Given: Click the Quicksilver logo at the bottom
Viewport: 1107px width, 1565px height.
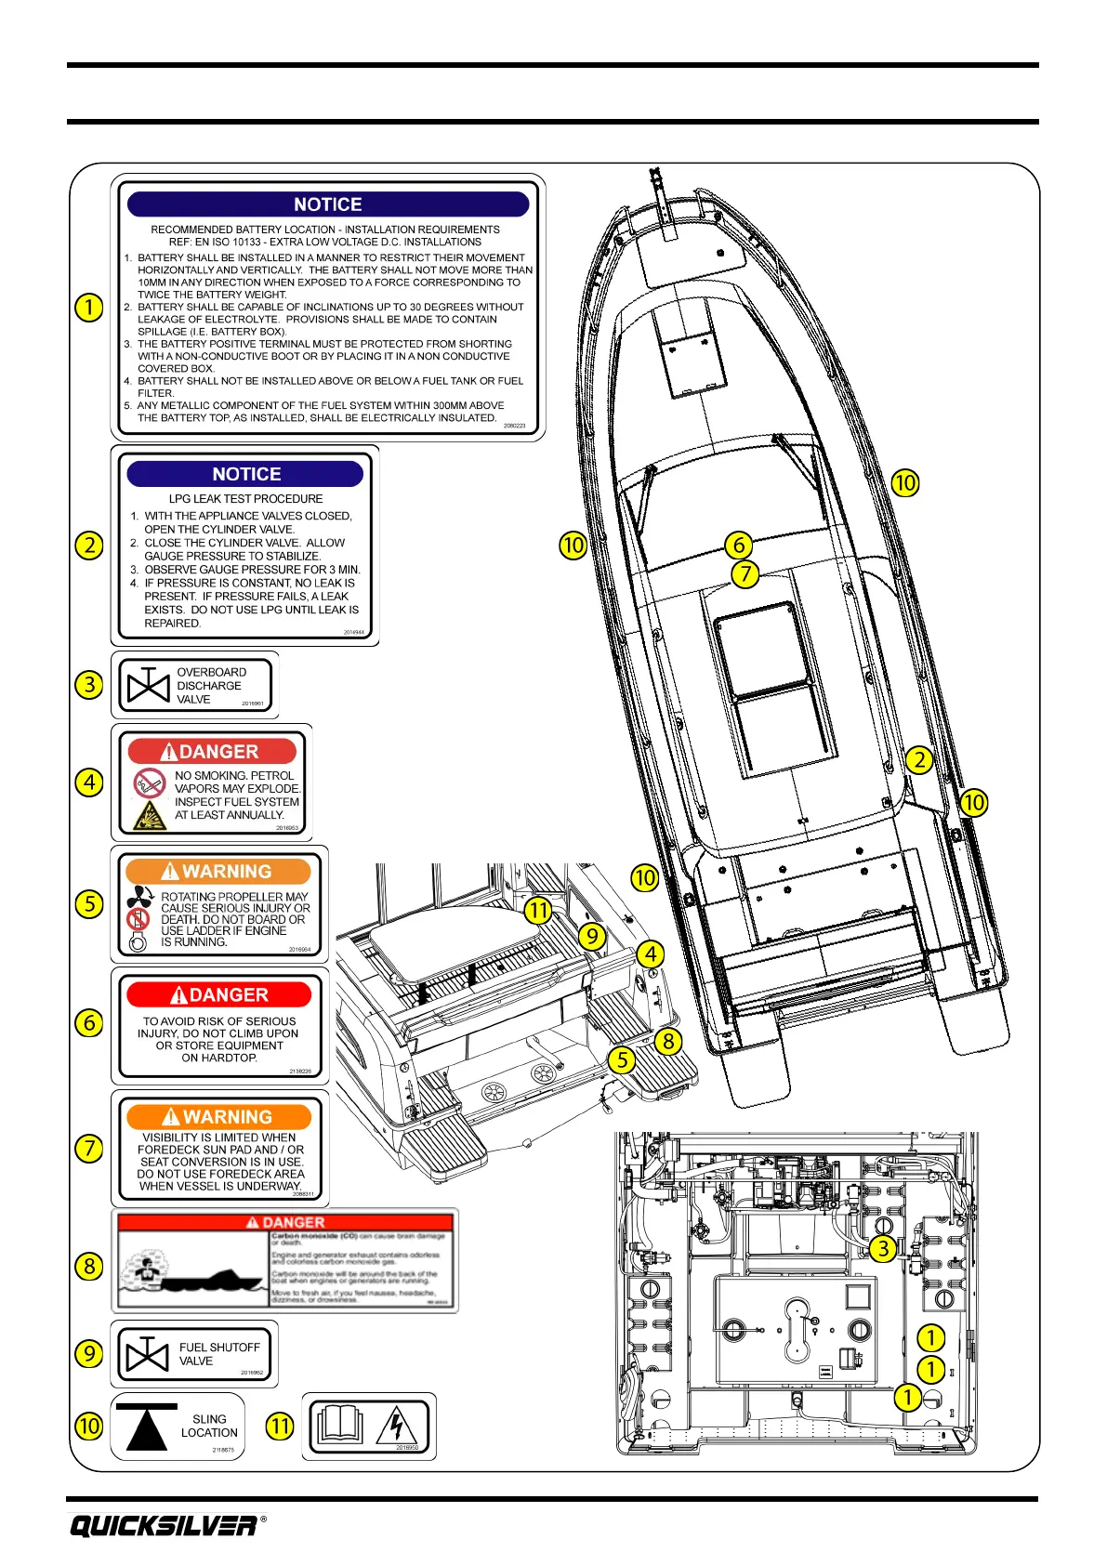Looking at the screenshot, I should coord(163,1526).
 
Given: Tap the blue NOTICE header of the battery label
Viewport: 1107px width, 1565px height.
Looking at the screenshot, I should coord(328,204).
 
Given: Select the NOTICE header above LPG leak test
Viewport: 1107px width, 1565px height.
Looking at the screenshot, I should coord(245,474).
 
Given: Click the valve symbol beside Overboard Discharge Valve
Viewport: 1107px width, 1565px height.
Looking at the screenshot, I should coord(148,686).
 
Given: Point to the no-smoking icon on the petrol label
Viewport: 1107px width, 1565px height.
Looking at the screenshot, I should coord(149,782).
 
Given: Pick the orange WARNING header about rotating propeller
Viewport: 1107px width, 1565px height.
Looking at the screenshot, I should coord(218,872).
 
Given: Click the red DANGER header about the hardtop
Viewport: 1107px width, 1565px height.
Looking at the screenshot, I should coord(219,994).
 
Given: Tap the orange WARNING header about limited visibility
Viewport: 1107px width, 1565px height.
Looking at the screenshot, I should coord(219,1117).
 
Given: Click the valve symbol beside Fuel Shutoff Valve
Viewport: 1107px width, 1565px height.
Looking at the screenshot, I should coord(147,1355).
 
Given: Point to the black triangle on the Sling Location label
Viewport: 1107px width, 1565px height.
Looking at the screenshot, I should coord(146,1427).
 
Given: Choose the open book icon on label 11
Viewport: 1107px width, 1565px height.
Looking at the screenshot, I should coord(339,1426).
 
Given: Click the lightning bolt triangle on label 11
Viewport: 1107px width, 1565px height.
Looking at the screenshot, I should coord(397,1426).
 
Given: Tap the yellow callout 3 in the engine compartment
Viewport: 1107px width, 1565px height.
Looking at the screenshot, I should coord(883,1248).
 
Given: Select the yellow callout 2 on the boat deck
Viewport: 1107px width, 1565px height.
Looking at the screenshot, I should coord(919,759).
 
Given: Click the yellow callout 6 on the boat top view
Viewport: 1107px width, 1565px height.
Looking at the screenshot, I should coord(738,545).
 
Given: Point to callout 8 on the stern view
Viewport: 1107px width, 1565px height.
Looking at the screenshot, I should coord(667,1041).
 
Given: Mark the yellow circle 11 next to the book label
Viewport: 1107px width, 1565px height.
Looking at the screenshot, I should coord(280,1426).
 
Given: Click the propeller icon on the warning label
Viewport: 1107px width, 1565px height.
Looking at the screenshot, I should coord(140,897).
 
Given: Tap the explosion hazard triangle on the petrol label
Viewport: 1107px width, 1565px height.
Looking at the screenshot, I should coord(149,816).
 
